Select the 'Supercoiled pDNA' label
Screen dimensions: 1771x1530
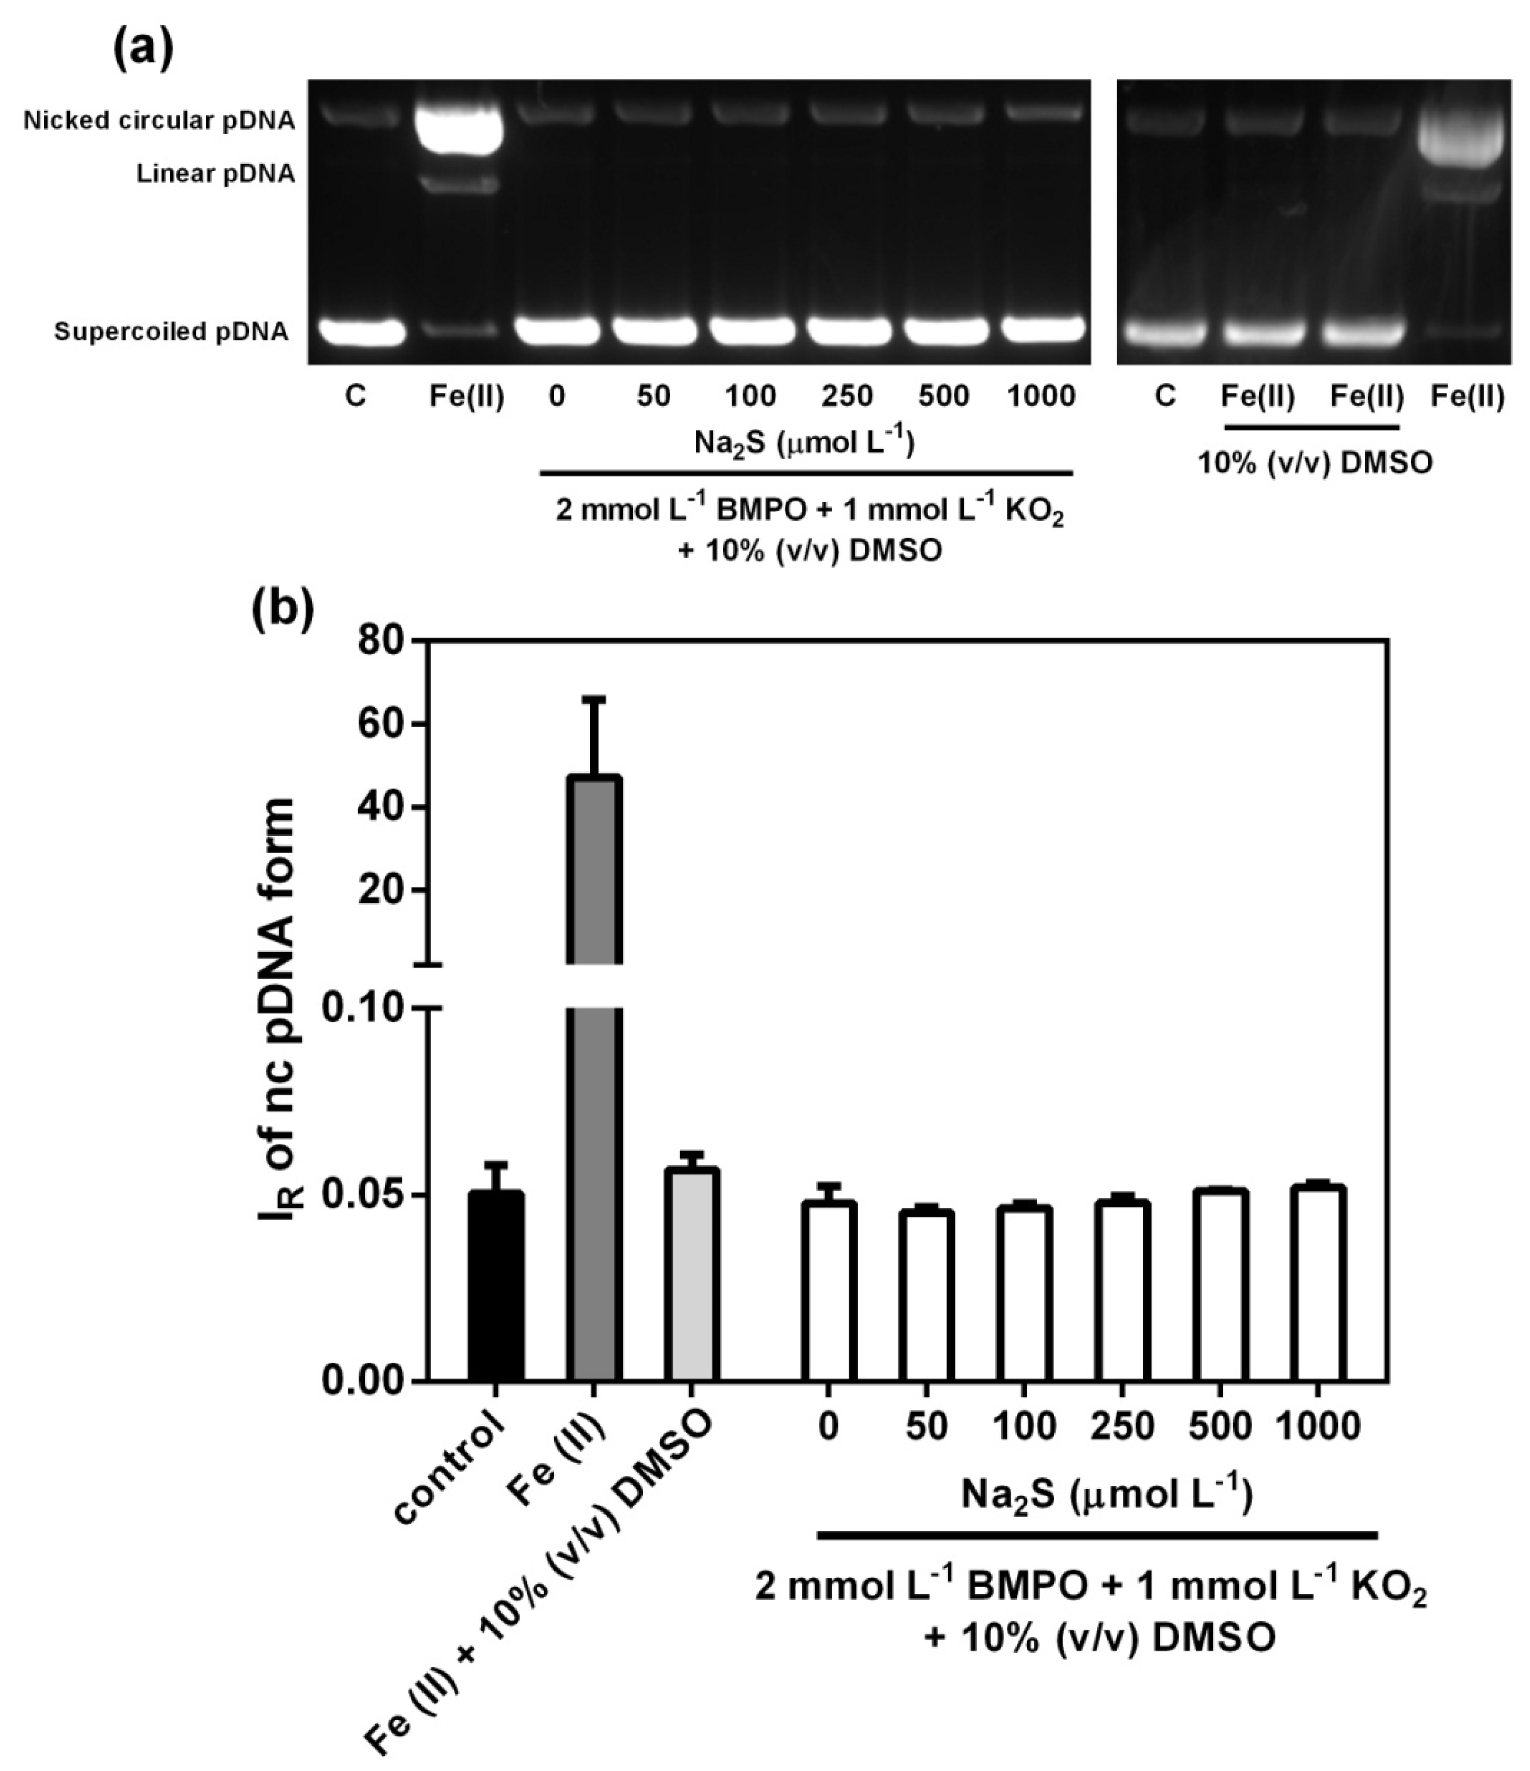[171, 332]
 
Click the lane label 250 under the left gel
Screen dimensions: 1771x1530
[848, 397]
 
